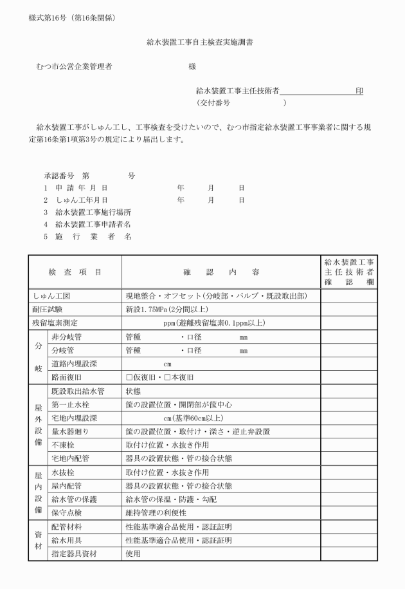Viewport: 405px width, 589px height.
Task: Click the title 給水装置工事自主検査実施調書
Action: [x=203, y=42]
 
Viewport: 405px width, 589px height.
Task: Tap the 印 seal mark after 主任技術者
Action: [x=359, y=91]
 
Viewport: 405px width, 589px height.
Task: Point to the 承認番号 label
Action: [x=59, y=176]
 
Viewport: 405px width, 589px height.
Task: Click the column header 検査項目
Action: [x=75, y=272]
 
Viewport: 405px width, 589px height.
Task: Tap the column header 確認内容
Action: [x=221, y=272]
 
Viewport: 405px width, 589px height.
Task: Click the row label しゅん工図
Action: [x=51, y=297]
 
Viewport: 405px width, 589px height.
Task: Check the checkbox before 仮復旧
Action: [x=129, y=377]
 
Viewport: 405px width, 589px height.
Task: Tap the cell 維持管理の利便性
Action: [x=160, y=512]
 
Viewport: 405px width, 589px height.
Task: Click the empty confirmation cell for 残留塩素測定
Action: [x=348, y=323]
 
